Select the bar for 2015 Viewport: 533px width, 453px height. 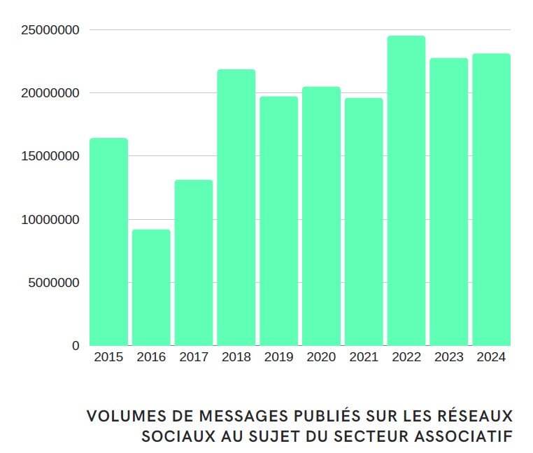[108, 242]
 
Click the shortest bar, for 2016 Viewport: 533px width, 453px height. [151, 287]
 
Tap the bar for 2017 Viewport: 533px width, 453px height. [194, 263]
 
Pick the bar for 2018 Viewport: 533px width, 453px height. [236, 207]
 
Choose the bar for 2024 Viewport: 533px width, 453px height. [491, 200]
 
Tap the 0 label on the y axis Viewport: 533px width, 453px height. [76, 346]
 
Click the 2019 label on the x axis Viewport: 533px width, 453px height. [279, 357]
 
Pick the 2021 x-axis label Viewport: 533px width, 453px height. [364, 357]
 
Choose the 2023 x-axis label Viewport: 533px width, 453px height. [448, 357]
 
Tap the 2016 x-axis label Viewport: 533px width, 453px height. [151, 357]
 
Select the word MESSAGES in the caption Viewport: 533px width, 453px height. [226, 416]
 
